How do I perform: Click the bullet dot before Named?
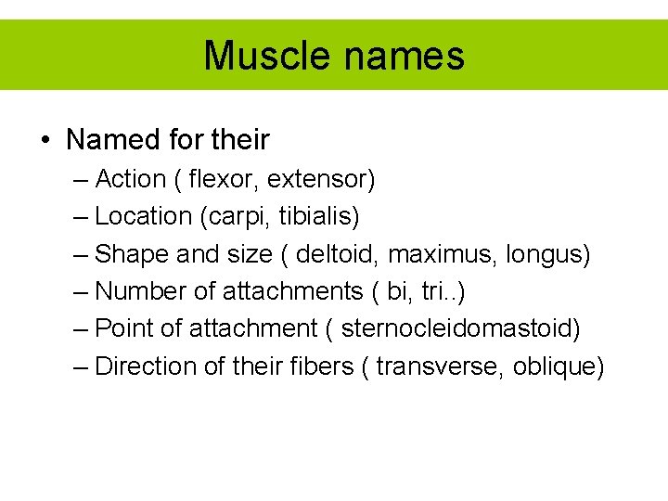click(x=45, y=141)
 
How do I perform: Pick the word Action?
click(x=129, y=178)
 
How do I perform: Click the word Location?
click(x=143, y=216)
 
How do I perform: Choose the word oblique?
click(x=559, y=366)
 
